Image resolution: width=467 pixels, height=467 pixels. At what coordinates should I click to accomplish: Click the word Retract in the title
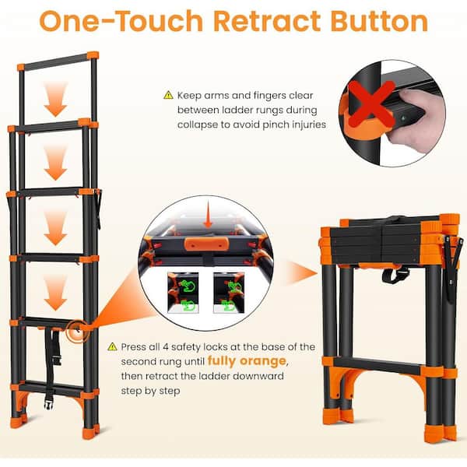(267, 21)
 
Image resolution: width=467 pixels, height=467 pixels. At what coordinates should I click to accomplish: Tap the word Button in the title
(379, 21)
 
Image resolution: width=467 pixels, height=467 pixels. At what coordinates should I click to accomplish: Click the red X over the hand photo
(371, 104)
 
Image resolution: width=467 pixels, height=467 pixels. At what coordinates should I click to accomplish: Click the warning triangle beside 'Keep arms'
(168, 95)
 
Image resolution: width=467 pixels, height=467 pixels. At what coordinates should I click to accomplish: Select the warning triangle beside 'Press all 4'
(112, 346)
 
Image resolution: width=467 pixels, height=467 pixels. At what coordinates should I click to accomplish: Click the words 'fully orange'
(247, 361)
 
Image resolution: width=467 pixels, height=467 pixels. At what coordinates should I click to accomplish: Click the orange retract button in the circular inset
(206, 244)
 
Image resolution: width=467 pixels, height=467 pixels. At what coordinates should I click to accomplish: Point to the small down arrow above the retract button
(208, 217)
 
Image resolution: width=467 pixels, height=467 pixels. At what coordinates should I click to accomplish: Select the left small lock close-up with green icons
(183, 293)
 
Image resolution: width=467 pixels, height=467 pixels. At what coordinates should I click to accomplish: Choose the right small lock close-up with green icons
(229, 293)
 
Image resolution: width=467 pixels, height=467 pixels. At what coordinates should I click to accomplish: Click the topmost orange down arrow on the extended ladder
(55, 100)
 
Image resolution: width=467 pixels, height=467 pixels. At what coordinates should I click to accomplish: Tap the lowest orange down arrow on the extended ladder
(55, 293)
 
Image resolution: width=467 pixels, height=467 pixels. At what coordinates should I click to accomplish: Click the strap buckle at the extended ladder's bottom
(48, 402)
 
